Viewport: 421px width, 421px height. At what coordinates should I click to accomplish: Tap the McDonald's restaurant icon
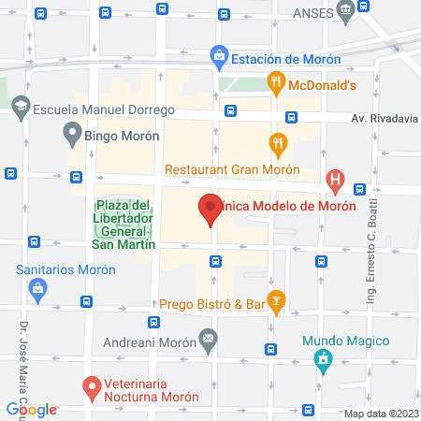coord(276,82)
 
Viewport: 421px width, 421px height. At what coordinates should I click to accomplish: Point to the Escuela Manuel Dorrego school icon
coord(20,108)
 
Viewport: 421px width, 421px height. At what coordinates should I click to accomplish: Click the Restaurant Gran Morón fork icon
coord(277,143)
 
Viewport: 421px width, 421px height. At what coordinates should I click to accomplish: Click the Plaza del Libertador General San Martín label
coord(122,225)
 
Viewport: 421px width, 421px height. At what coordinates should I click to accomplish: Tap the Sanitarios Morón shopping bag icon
coord(36,287)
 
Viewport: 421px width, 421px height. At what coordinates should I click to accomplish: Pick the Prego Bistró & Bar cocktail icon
coord(276,301)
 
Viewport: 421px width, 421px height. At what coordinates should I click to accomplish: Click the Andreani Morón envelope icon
coord(208,337)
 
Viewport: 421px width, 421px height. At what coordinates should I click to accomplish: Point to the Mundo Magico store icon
coord(321,358)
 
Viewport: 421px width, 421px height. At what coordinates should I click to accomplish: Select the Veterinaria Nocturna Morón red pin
coord(92,385)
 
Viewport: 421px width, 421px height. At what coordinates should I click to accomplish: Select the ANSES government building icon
coord(346,12)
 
